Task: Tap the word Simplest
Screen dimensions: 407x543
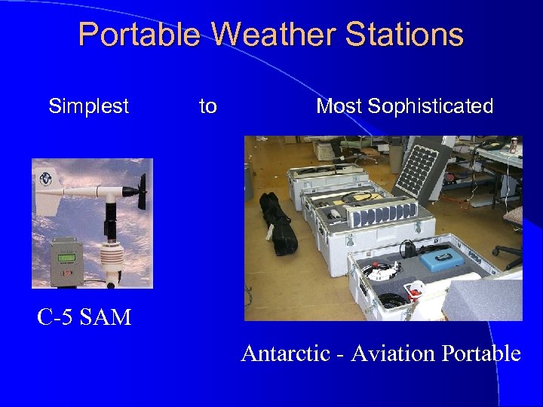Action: pos(88,106)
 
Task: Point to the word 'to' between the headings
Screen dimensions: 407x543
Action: pos(207,106)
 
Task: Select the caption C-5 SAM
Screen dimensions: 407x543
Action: pos(84,317)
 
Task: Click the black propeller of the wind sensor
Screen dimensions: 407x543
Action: pos(140,191)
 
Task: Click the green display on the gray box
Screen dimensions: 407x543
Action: pos(66,259)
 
